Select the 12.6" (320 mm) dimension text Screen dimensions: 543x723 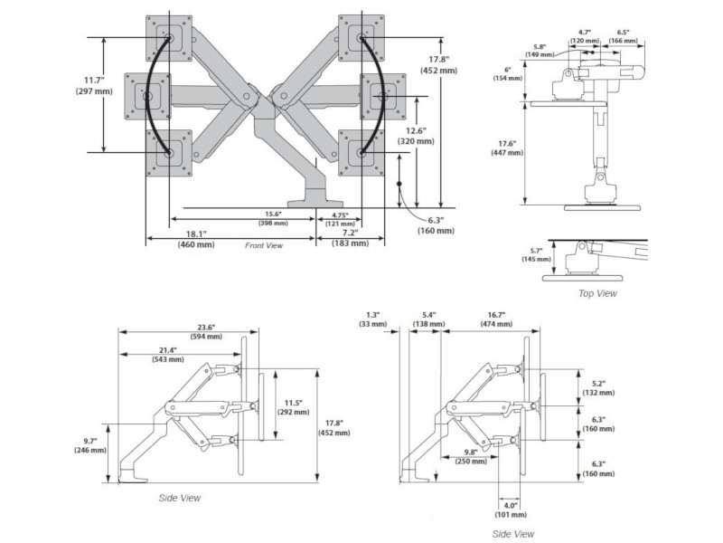pyautogui.click(x=416, y=135)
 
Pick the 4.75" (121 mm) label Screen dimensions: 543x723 pyautogui.click(x=340, y=218)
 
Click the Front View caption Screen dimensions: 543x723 pyautogui.click(x=264, y=245)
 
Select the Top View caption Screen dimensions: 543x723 pyautogui.click(x=597, y=293)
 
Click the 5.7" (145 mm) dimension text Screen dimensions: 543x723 pyautogui.click(x=535, y=254)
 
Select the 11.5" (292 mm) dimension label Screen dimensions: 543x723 pyautogui.click(x=290, y=406)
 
